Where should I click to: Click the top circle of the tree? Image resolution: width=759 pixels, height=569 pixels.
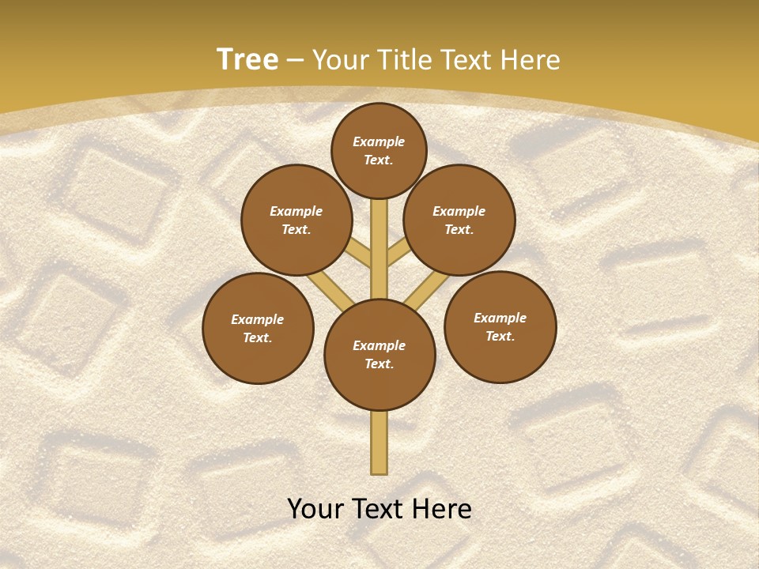tap(379, 150)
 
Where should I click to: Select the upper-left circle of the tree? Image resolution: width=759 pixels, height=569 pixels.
tap(296, 220)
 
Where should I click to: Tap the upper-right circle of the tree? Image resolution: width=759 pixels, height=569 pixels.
tap(459, 220)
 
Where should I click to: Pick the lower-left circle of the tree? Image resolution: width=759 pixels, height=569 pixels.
tap(258, 328)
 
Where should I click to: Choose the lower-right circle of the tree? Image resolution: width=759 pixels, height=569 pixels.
tap(500, 326)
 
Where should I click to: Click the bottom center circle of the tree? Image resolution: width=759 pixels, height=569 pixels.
tap(379, 355)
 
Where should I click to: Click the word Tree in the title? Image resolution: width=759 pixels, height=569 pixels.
tap(247, 59)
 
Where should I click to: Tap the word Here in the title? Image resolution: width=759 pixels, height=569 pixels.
tap(530, 60)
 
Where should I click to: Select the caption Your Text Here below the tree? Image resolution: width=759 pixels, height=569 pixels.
tap(379, 509)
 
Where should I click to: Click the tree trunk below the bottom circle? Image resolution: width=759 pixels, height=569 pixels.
tap(379, 443)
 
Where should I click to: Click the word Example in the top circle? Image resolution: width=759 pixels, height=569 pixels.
tap(379, 141)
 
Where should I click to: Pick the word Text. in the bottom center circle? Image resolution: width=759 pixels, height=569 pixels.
tap(379, 364)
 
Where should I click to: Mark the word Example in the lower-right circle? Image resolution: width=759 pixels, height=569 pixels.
tap(500, 318)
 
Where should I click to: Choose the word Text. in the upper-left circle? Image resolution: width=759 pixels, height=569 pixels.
tap(296, 230)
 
